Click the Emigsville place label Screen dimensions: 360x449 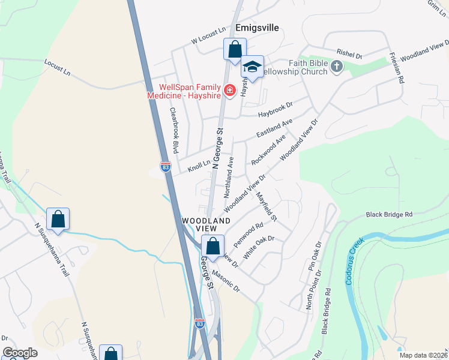point(259,27)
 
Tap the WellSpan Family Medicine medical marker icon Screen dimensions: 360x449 point(229,91)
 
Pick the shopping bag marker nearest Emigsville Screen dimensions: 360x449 point(235,49)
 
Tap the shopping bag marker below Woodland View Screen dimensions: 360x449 point(212,245)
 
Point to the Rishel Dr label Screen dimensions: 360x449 point(350,55)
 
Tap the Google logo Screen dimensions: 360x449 point(20,353)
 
